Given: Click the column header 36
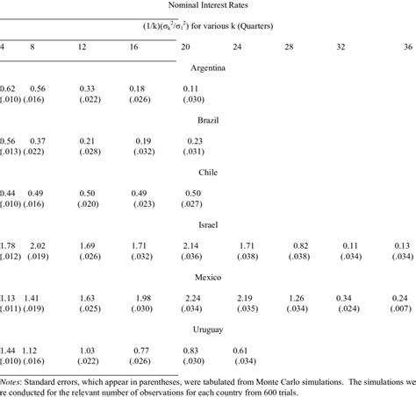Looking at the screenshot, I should tap(408, 46).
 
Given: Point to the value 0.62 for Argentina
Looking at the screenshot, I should tap(8, 89).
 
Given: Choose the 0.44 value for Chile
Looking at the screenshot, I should tap(8, 192).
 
